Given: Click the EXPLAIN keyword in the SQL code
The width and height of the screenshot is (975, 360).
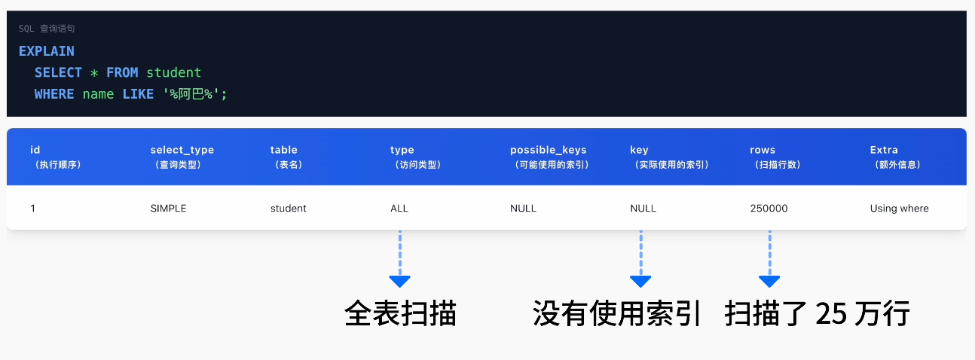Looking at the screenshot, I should [46, 51].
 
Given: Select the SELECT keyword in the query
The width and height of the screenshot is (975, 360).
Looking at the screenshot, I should [58, 72].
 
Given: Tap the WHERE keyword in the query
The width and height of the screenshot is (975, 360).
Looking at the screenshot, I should [54, 94].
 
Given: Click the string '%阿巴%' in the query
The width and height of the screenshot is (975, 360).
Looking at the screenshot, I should [195, 94].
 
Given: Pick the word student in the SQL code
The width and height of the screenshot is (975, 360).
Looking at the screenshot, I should [174, 72].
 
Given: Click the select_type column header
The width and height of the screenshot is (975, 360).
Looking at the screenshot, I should [182, 150].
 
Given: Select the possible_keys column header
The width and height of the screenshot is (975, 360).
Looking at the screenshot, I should [548, 150].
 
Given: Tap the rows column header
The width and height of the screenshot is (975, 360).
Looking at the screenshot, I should [763, 150].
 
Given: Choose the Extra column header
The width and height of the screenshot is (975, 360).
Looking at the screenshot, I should [884, 150].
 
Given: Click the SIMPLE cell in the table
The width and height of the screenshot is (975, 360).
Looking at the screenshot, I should [168, 208].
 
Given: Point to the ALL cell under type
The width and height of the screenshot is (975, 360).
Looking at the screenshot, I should [399, 208].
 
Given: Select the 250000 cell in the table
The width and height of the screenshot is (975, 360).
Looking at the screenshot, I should [769, 208].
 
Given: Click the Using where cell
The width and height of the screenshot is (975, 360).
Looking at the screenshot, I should [899, 208].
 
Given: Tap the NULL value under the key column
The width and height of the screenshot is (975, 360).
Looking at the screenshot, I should [643, 208].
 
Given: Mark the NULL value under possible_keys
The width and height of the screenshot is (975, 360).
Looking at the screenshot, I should [523, 208].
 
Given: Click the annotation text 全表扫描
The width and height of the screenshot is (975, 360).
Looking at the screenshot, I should [400, 313].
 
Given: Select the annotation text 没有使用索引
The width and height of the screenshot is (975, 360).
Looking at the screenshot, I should [616, 313].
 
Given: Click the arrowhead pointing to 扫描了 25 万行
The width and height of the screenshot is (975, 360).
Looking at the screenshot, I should [769, 281].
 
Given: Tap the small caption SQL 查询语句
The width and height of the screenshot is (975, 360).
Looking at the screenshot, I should [47, 29].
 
